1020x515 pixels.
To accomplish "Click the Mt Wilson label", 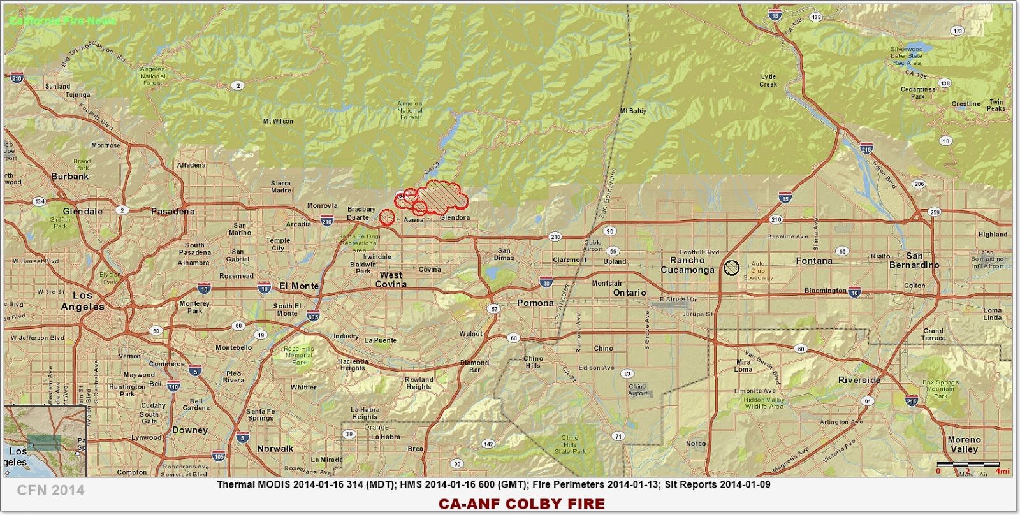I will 278,121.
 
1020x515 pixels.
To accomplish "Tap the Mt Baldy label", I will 632,111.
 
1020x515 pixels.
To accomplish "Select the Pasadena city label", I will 173,211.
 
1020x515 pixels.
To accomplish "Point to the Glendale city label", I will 83,211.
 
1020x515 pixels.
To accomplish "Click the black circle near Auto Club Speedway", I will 731,268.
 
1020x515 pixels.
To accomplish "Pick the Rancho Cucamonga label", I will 687,265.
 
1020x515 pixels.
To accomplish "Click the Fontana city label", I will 814,261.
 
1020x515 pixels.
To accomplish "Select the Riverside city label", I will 859,380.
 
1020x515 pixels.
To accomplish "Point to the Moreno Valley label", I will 964,444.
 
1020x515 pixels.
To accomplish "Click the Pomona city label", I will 535,303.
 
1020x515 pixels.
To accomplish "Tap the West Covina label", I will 391,280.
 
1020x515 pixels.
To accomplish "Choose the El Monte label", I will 299,286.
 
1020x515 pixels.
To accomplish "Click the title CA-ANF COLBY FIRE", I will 521,504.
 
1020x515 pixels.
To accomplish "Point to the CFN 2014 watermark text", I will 50,490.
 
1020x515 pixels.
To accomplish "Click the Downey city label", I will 190,430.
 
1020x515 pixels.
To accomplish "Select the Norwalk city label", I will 275,448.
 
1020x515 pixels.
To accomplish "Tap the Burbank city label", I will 70,176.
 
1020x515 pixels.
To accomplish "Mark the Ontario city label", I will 629,293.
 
